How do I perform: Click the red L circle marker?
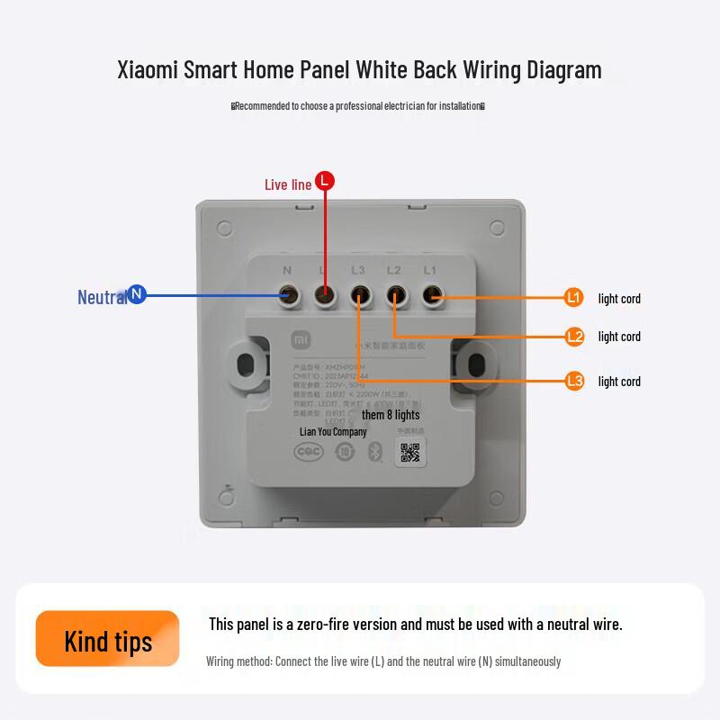click(325, 181)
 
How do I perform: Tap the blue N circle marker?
click(137, 294)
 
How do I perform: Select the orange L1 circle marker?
click(574, 297)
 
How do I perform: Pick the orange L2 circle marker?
click(575, 336)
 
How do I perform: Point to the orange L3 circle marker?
click(575, 381)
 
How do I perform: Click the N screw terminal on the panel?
click(288, 295)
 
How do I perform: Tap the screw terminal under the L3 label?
click(359, 295)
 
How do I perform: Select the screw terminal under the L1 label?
click(431, 295)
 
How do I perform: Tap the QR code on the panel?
click(410, 453)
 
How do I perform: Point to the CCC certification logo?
click(310, 452)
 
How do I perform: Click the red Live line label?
click(288, 184)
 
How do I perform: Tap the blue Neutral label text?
click(102, 297)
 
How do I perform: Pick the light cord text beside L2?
click(619, 337)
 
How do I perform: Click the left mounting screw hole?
click(245, 363)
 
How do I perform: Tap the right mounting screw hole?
click(474, 363)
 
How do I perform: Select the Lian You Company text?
click(333, 432)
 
